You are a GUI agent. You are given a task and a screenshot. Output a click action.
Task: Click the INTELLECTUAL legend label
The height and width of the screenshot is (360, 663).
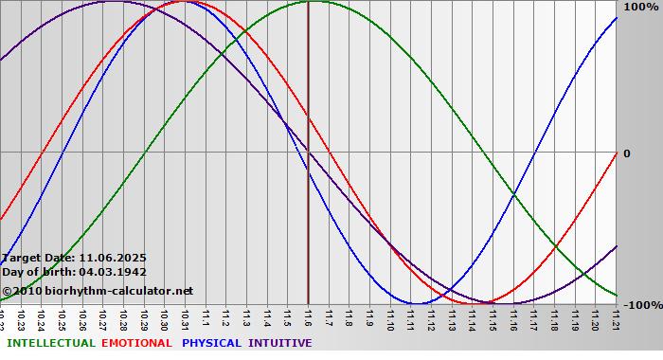(50, 343)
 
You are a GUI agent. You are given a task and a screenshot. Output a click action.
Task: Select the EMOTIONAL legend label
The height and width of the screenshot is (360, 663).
(136, 343)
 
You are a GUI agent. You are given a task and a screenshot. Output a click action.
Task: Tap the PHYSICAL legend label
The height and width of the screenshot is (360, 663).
(211, 343)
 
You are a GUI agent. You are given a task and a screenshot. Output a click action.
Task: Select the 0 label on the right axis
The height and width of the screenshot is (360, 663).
(626, 153)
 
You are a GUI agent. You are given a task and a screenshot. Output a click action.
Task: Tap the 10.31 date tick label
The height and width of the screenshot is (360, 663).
(186, 318)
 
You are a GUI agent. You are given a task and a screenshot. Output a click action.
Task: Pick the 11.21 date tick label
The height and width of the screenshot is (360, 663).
(617, 318)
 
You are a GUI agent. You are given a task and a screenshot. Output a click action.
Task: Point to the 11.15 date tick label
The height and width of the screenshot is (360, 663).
(493, 318)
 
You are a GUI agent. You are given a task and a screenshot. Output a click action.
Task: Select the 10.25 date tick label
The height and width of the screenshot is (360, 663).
(63, 318)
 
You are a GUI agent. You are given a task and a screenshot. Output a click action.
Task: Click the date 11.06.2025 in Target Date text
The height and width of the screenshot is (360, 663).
(113, 257)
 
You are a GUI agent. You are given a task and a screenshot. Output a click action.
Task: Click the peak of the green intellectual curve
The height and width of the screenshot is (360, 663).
(309, 2)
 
